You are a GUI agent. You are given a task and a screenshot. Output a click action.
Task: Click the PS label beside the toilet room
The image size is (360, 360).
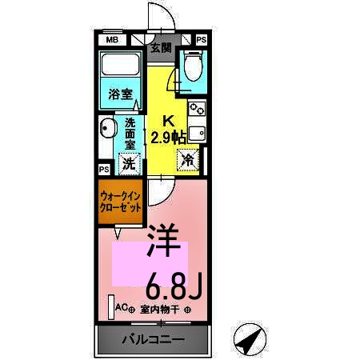(x=201, y=39)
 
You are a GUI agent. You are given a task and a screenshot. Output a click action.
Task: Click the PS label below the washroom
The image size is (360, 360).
(x=104, y=170)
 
